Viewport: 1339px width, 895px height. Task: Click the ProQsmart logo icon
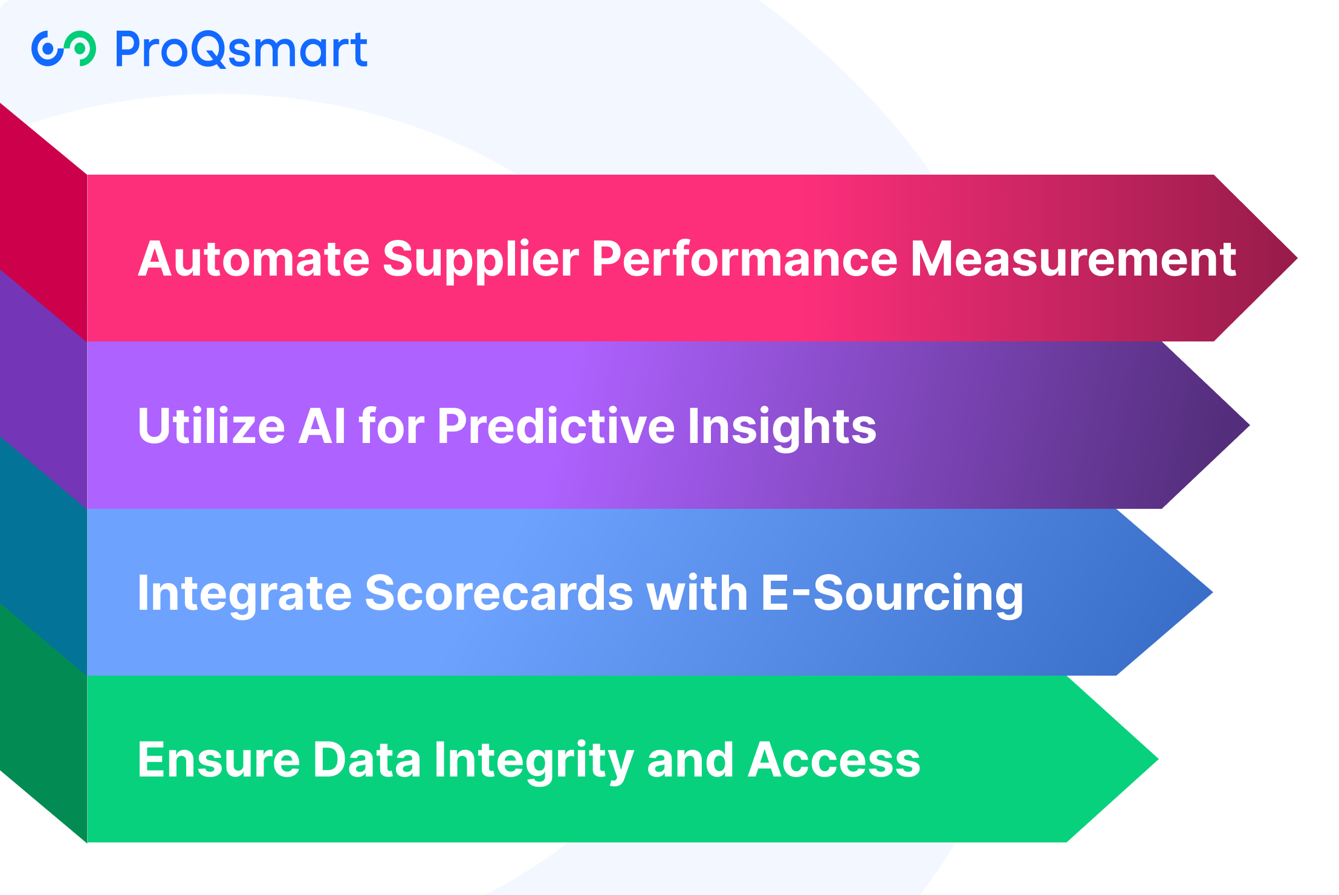(x=63, y=48)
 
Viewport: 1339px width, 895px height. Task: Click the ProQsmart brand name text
(x=241, y=49)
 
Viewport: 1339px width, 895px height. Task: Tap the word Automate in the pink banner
(x=254, y=259)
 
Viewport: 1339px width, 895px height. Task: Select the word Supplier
(x=481, y=260)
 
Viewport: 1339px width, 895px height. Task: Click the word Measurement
(x=1073, y=259)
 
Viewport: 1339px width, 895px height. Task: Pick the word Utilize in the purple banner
(x=212, y=425)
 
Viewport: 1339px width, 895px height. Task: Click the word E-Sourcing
(x=892, y=595)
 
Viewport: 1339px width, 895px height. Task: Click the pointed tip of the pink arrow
(x=1297, y=258)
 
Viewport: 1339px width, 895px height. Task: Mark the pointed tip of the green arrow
(x=1158, y=759)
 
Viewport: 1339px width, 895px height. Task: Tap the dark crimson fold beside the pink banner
(x=44, y=222)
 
